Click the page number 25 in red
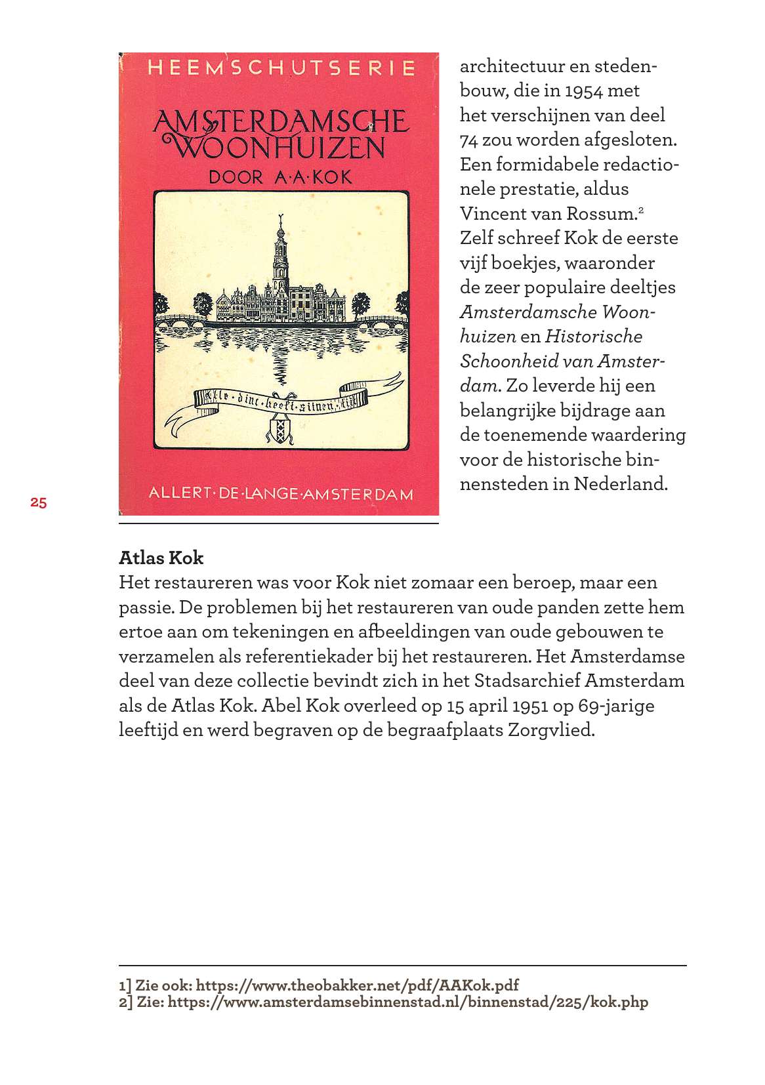(38, 503)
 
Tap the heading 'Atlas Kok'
(161, 558)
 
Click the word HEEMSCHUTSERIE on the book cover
(281, 68)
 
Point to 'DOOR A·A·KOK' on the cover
(280, 177)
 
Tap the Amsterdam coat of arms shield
(279, 430)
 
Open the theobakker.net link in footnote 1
(358, 985)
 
